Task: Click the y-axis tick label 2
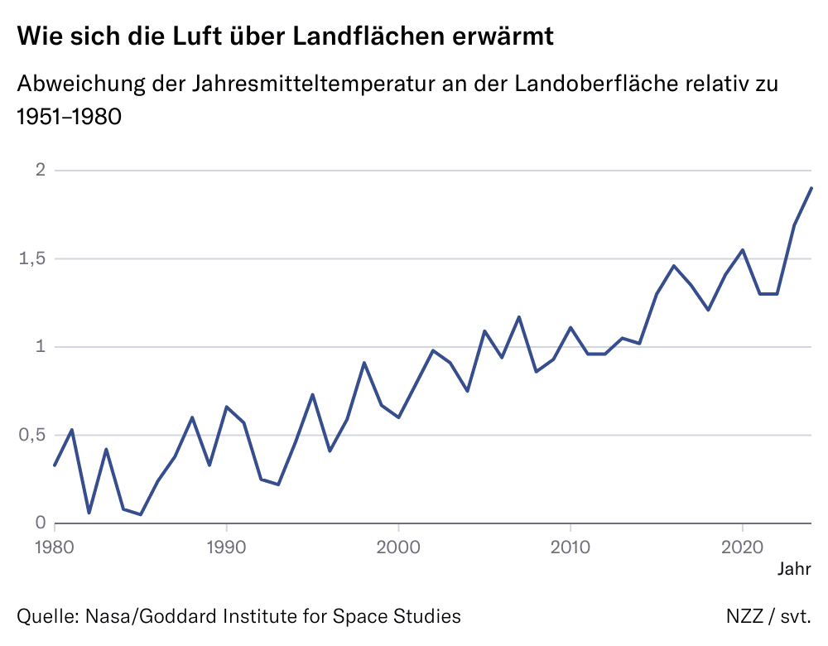tap(39, 171)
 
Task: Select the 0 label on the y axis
tap(39, 523)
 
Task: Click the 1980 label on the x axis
tap(55, 547)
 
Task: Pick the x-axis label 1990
tap(226, 547)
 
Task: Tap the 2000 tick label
tap(398, 547)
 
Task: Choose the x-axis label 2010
tap(570, 547)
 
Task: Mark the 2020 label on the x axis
tap(742, 547)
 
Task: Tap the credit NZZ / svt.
tap(768, 616)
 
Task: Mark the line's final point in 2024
tap(811, 188)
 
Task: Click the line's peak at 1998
tap(364, 363)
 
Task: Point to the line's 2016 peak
tap(674, 266)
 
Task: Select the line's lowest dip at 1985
tap(141, 514)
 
